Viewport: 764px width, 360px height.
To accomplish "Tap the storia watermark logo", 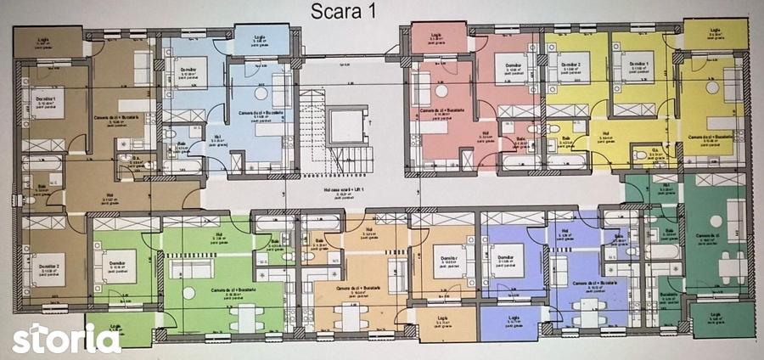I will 65,338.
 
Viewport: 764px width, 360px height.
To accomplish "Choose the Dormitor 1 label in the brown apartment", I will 45,100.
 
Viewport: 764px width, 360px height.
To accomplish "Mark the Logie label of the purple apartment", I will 511,321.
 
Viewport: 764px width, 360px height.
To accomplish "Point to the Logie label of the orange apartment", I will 443,322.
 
